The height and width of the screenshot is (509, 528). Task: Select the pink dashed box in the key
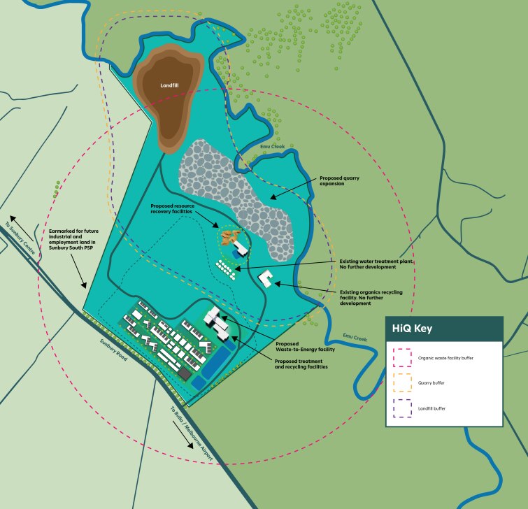[x=403, y=357]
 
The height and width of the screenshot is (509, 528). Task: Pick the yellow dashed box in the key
[x=403, y=382]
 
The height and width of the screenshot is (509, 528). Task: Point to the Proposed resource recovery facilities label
[x=182, y=209]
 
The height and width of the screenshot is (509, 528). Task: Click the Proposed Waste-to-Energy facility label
[x=305, y=347]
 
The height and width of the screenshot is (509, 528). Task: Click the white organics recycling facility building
[x=266, y=279]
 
